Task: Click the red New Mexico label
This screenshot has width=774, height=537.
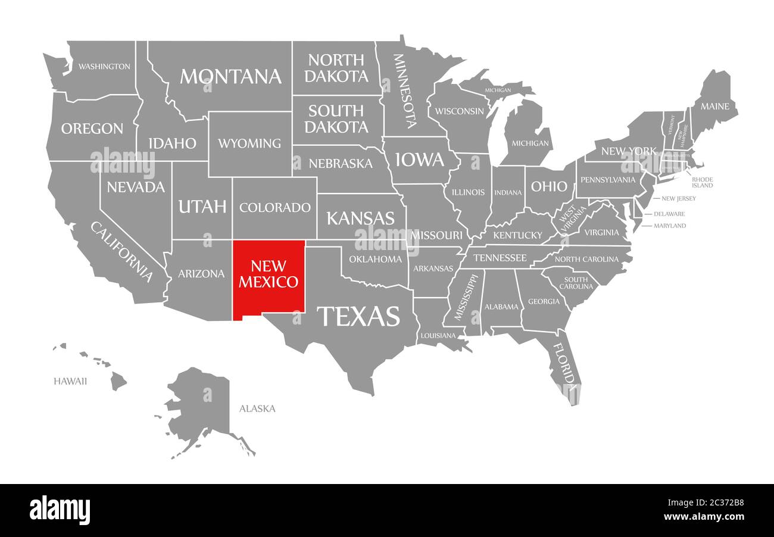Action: [269, 273]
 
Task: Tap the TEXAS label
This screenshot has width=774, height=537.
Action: [358, 316]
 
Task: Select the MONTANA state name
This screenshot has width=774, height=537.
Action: [230, 76]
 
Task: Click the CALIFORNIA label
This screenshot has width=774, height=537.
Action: [122, 251]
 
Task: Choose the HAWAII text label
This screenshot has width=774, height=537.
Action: [70, 381]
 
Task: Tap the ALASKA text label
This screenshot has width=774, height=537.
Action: [257, 408]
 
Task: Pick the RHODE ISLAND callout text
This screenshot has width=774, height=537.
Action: [702, 182]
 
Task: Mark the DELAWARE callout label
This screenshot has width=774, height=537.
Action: [669, 214]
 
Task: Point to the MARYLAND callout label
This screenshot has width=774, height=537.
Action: [670, 226]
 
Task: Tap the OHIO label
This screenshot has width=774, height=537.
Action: [549, 186]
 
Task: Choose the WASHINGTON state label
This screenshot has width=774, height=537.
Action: [104, 66]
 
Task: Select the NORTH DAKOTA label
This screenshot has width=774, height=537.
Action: [338, 68]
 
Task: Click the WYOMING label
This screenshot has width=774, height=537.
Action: [249, 143]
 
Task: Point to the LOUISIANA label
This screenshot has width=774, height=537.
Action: [438, 335]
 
